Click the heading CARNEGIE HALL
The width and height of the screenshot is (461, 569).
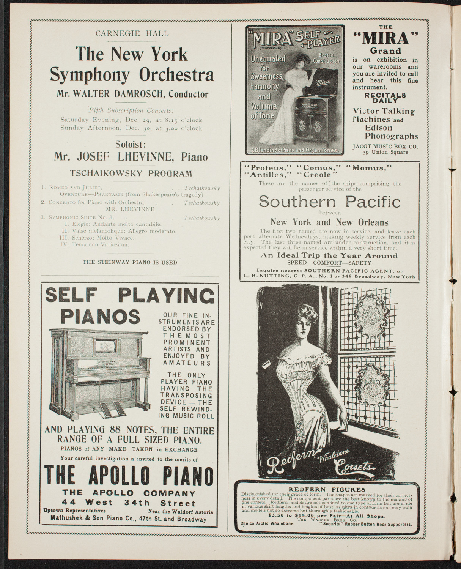point(132,33)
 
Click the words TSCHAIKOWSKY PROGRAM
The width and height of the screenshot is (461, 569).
point(131,173)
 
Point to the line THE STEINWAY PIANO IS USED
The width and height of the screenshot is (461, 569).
point(130,262)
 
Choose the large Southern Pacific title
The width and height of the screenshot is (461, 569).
point(329,201)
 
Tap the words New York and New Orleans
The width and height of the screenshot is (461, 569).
point(329,222)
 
